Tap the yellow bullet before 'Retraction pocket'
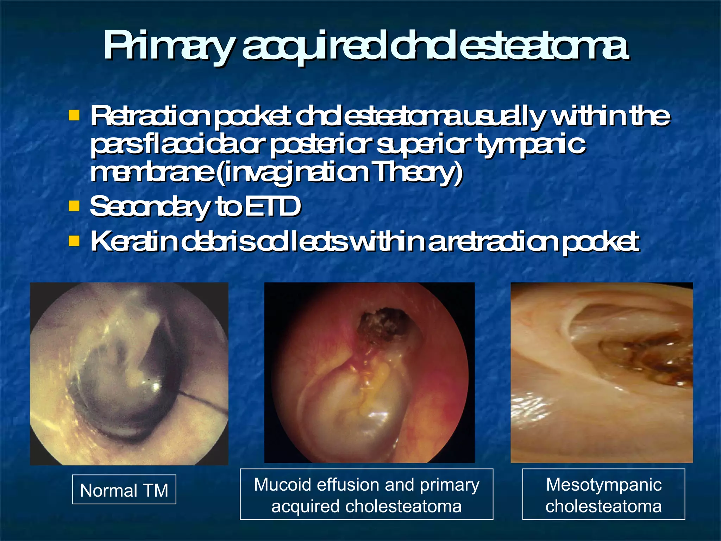tap(74, 115)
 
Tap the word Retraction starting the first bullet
tap(150, 116)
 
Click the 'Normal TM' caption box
tap(124, 490)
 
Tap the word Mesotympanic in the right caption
tap(603, 485)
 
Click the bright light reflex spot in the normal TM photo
tap(155, 386)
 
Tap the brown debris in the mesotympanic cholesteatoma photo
tap(644, 359)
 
